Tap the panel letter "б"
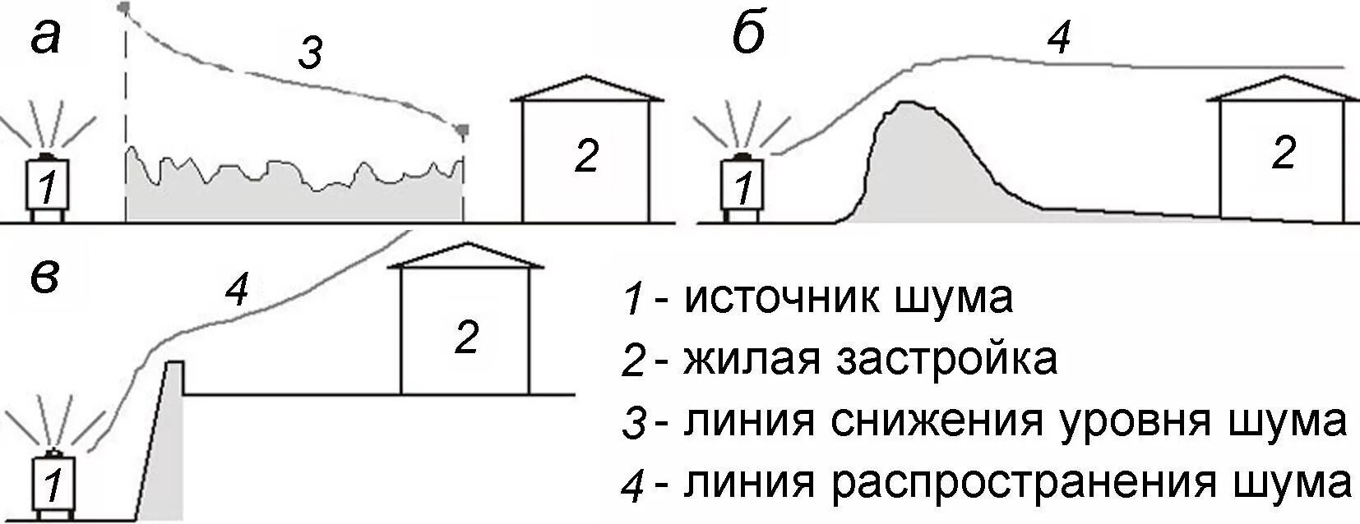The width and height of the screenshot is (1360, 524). [748, 36]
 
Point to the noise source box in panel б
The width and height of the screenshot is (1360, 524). [743, 186]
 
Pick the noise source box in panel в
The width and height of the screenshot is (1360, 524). [53, 485]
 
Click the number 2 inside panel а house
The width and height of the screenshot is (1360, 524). [585, 156]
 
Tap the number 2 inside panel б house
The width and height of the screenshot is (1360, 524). [1283, 154]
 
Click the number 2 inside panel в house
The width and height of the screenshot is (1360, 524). [466, 337]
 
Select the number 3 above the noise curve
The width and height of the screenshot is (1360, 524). [309, 54]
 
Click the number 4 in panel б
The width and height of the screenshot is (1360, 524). [1061, 37]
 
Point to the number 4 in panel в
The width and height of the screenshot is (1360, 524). [237, 291]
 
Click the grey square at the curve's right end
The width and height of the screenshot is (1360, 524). [463, 129]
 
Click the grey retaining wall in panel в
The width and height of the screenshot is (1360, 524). [169, 444]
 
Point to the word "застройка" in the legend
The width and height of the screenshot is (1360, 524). [946, 359]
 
